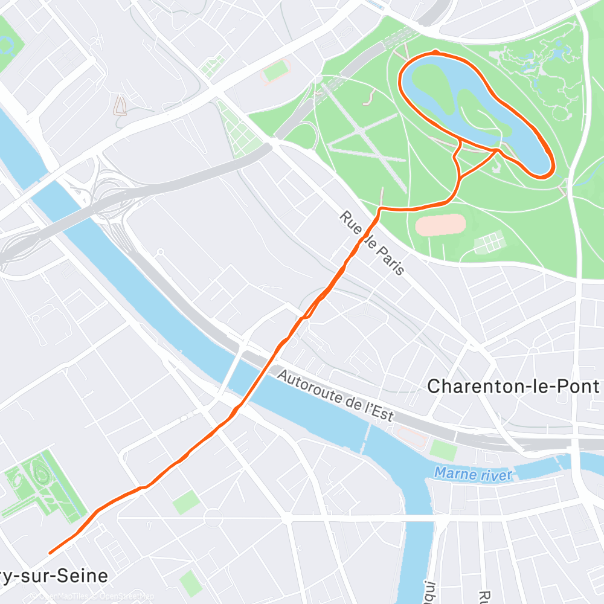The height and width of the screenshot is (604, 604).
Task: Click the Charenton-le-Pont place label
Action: [x=513, y=387]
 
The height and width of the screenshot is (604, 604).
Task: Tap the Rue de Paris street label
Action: [x=371, y=243]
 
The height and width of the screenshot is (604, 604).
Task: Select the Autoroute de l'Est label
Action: [x=335, y=396]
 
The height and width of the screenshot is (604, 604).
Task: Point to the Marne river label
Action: [x=473, y=474]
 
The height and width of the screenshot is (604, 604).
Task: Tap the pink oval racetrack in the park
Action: [x=440, y=225]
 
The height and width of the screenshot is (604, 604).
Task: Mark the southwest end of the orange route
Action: [x=50, y=552]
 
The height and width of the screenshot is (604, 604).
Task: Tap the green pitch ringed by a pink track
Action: [x=276, y=72]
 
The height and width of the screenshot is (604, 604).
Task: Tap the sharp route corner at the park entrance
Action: [x=380, y=209]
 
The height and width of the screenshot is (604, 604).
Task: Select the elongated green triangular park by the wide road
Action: [x=239, y=130]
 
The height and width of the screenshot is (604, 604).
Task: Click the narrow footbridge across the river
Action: [x=366, y=436]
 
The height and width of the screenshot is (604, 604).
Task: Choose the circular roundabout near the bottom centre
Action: [x=212, y=518]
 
